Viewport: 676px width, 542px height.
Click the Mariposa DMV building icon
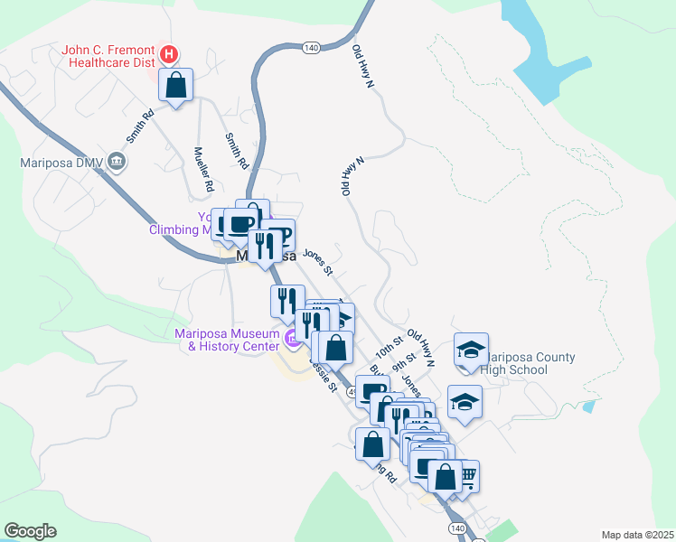pyautogui.click(x=117, y=163)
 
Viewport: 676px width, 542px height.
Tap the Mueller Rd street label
pyautogui.click(x=203, y=169)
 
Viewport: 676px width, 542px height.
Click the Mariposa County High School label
pyautogui.click(x=530, y=363)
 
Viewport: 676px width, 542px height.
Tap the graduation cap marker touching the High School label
pyautogui.click(x=471, y=350)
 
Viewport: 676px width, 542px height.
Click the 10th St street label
pyautogui.click(x=389, y=346)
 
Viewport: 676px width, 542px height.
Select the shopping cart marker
pyautogui.click(x=466, y=475)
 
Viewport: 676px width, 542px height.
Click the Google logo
pyautogui.click(x=30, y=531)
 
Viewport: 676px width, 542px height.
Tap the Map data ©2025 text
pyautogui.click(x=637, y=534)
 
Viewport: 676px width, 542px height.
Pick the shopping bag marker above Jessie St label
pyautogui.click(x=335, y=348)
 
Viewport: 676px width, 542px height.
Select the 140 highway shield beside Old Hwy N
pyautogui.click(x=312, y=47)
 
